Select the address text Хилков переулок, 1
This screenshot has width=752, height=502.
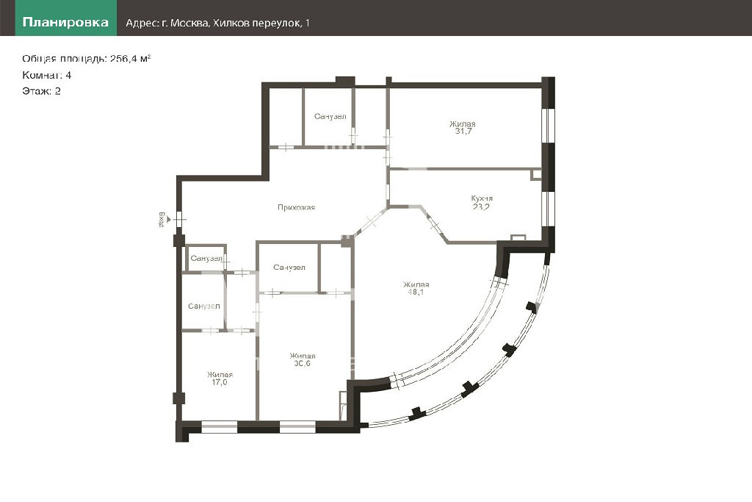261,23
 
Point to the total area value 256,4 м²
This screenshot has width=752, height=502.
131,59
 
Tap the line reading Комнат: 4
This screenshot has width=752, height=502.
46,75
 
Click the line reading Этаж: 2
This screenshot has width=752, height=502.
41,91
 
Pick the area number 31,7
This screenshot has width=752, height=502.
463,131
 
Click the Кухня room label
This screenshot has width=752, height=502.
482,198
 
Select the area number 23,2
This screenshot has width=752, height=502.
482,207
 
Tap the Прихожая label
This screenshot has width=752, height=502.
297,207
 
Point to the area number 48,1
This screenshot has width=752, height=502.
416,292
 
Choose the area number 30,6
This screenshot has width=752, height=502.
302,363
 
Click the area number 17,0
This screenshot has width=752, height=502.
220,382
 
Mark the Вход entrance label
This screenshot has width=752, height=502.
162,219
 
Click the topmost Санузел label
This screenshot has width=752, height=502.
330,116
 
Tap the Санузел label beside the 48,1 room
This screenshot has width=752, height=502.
289,268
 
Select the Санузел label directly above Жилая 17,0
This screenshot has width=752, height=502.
204,306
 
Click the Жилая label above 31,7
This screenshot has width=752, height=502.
463,123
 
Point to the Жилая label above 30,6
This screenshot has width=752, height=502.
303,356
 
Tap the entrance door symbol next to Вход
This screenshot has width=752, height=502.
179,220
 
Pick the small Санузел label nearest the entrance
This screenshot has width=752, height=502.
206,258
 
